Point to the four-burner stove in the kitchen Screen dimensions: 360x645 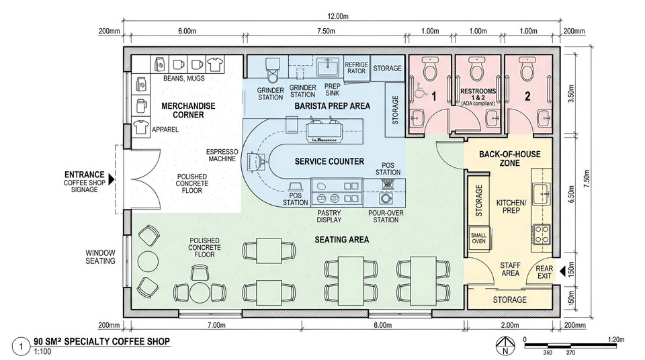541,234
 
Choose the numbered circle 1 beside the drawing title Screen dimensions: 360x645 24,347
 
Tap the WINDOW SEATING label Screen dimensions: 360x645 99,257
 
